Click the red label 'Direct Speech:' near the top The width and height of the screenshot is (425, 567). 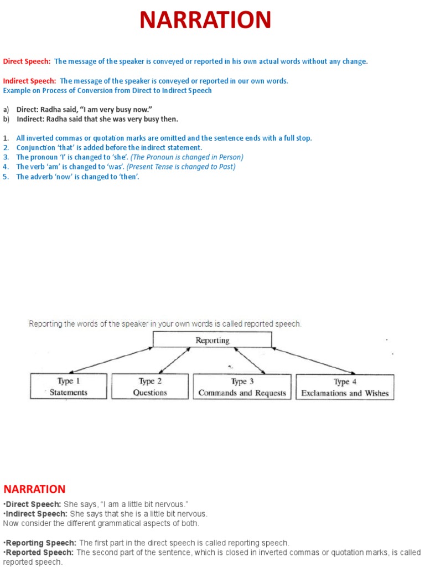[27, 61]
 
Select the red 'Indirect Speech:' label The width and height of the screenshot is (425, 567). [30, 81]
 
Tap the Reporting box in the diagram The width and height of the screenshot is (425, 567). [212, 340]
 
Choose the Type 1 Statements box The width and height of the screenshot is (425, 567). [69, 386]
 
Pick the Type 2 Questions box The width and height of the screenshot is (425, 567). [150, 386]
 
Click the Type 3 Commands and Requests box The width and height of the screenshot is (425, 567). [242, 386]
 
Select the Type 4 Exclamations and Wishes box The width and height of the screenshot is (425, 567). [345, 387]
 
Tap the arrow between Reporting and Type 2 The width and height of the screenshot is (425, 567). [174, 360]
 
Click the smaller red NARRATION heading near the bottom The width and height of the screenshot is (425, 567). [34, 489]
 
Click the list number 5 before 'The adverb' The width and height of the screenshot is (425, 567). [6, 177]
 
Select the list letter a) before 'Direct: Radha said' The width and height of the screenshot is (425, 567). [6, 110]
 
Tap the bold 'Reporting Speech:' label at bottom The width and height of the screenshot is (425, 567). [40, 543]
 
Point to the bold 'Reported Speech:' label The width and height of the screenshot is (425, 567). [39, 553]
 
